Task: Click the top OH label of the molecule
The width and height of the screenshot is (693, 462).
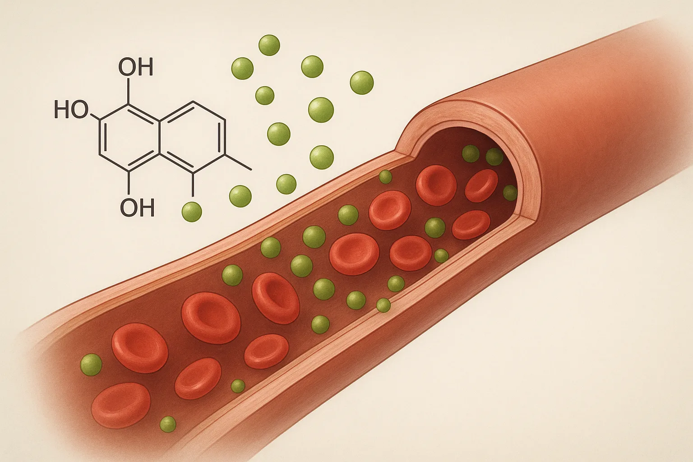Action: [136, 67]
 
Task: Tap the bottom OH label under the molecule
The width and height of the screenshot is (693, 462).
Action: [137, 208]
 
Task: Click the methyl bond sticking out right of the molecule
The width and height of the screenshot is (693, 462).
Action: [237, 162]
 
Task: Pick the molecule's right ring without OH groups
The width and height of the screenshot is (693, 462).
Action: [193, 136]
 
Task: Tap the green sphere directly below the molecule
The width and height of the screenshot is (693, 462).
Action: [191, 212]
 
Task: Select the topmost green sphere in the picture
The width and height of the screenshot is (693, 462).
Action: [269, 45]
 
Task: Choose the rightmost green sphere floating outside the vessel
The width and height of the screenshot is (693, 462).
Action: [362, 83]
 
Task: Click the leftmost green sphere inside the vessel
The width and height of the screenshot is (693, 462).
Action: [91, 365]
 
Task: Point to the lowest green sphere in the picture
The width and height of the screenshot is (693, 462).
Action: [168, 424]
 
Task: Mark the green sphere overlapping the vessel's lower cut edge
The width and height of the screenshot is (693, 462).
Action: [383, 305]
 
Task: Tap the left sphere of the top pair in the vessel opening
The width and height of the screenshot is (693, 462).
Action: [471, 154]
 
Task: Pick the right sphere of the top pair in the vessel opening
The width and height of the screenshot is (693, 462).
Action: [494, 157]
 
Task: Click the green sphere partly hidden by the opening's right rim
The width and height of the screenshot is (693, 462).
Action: [510, 193]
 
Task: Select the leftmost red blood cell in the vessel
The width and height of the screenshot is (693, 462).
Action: [121, 405]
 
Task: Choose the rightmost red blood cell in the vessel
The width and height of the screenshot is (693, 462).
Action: [481, 185]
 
